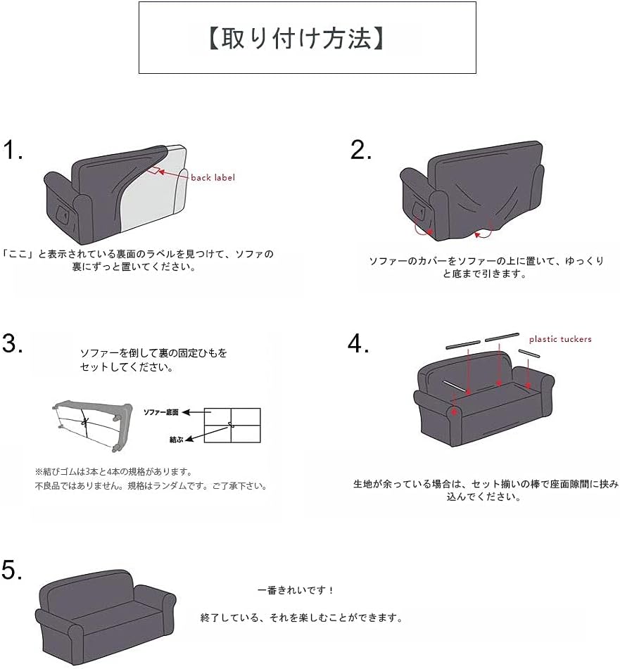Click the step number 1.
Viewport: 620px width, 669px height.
point(13,150)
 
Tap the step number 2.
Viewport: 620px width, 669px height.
point(360,150)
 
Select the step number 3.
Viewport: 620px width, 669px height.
point(13,343)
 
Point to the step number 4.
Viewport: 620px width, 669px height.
point(358,343)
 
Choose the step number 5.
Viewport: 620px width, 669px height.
point(12,570)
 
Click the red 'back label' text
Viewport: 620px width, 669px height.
point(213,177)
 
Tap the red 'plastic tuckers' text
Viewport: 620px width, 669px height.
point(560,339)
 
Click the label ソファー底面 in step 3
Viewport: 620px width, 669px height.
point(161,412)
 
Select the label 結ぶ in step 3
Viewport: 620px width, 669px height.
point(176,440)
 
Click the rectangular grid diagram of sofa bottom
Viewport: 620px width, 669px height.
point(232,426)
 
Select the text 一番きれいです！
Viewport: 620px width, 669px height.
point(296,590)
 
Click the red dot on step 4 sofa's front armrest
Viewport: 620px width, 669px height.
point(455,412)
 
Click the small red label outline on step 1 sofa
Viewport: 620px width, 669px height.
point(154,171)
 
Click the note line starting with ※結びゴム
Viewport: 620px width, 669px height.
point(113,472)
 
